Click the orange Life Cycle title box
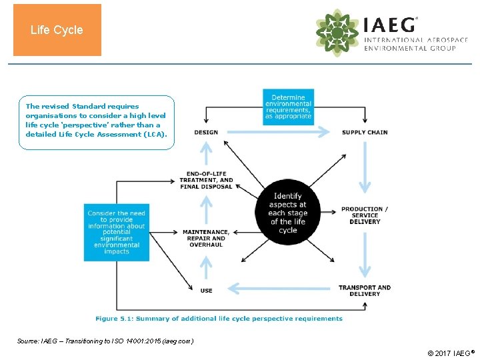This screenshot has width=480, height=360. click(57, 30)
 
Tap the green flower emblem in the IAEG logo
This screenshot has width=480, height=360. click(337, 32)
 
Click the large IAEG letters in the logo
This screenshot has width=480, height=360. click(390, 25)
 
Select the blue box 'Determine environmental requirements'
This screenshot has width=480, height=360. click(288, 107)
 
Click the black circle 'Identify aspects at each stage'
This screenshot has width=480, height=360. click(288, 213)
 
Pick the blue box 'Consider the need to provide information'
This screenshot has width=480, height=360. click(116, 232)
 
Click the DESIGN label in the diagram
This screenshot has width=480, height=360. click(206, 132)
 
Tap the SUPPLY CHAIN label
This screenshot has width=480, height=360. click(365, 132)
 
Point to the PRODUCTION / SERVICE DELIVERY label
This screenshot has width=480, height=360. click(365, 215)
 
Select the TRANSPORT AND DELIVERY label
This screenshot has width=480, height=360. click(365, 290)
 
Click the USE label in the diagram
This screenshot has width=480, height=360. click(206, 291)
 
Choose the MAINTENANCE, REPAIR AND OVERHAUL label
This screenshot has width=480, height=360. click(206, 238)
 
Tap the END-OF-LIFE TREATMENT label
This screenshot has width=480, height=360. click(206, 180)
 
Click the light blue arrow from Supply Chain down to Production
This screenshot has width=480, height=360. click(365, 167)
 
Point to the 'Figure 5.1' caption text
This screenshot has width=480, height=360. click(219, 319)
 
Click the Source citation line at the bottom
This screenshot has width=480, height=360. click(105, 341)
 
